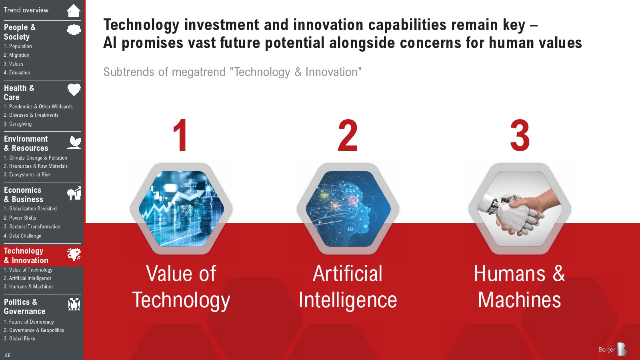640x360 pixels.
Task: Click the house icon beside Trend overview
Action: pyautogui.click(x=74, y=10)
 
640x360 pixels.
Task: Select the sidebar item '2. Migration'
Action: pyautogui.click(x=16, y=55)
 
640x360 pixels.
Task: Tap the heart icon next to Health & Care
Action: pyautogui.click(x=74, y=90)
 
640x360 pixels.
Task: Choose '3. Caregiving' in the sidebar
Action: pyautogui.click(x=18, y=124)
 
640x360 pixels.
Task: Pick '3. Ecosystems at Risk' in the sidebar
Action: pyautogui.click(x=27, y=174)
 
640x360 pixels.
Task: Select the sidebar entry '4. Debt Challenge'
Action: pyautogui.click(x=22, y=236)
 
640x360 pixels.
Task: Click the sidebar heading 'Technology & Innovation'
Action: pyautogui.click(x=26, y=256)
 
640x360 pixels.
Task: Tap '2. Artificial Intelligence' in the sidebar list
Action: pyautogui.click(x=28, y=278)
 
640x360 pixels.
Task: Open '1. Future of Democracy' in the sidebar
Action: pyautogui.click(x=28, y=322)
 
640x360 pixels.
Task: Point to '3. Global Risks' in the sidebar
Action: pyautogui.click(x=19, y=338)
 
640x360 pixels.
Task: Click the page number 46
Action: pyautogui.click(x=8, y=355)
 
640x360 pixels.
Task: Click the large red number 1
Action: pyautogui.click(x=180, y=135)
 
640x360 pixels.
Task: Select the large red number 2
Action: pyautogui.click(x=348, y=135)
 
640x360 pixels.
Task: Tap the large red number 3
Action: pyautogui.click(x=520, y=135)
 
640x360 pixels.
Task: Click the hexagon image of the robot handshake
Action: pyautogui.click(x=520, y=209)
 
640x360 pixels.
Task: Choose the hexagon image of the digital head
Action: pyautogui.click(x=348, y=209)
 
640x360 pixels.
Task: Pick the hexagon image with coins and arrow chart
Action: pyautogui.click(x=181, y=209)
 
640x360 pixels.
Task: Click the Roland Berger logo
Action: pyautogui.click(x=612, y=348)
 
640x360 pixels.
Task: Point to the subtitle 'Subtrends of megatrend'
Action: pyautogui.click(x=164, y=72)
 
